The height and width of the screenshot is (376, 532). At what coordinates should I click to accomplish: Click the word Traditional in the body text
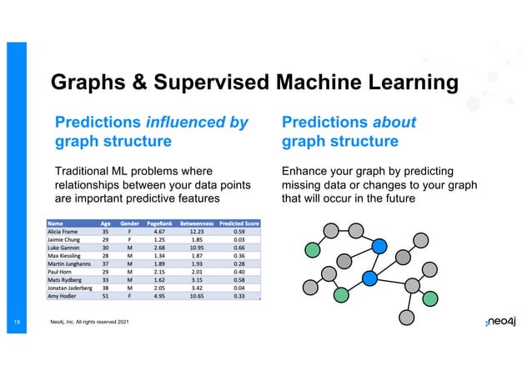click(x=87, y=171)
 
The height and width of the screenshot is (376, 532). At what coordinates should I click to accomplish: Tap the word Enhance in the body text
click(x=309, y=171)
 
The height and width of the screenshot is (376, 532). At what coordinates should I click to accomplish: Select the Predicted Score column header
click(x=239, y=223)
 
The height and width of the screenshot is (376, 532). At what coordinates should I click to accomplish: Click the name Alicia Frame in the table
click(x=64, y=233)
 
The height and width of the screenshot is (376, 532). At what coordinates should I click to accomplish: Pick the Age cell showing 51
click(x=106, y=295)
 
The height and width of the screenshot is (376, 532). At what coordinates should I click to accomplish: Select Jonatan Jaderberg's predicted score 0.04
click(x=239, y=288)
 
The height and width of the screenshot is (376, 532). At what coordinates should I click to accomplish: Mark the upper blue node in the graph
click(x=379, y=245)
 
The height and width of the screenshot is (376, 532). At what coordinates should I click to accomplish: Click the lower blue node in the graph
click(x=369, y=277)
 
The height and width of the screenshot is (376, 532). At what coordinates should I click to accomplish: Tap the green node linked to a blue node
click(x=341, y=294)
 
